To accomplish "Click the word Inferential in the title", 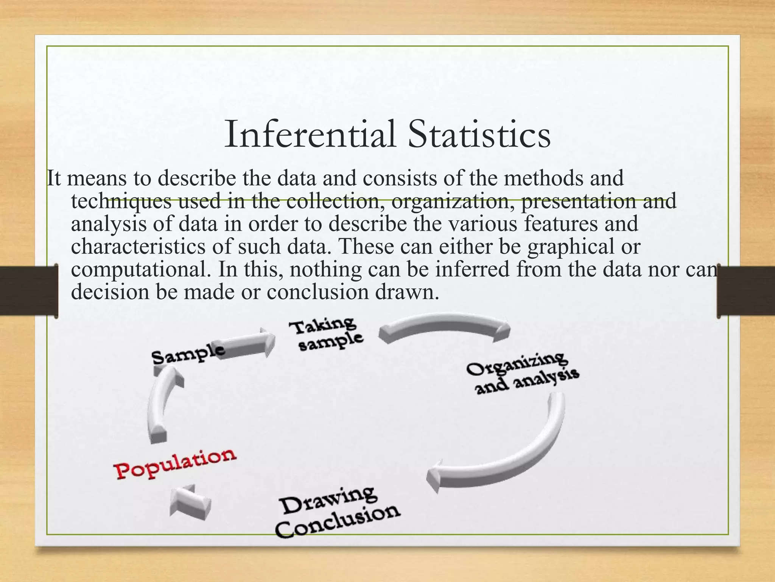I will pyautogui.click(x=310, y=135).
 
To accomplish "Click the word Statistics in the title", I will pyautogui.click(x=479, y=135).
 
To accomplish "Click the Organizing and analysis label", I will pyautogui.click(x=522, y=373).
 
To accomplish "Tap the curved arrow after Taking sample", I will pyautogui.click(x=445, y=326).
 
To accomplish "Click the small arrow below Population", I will pyautogui.click(x=189, y=502).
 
